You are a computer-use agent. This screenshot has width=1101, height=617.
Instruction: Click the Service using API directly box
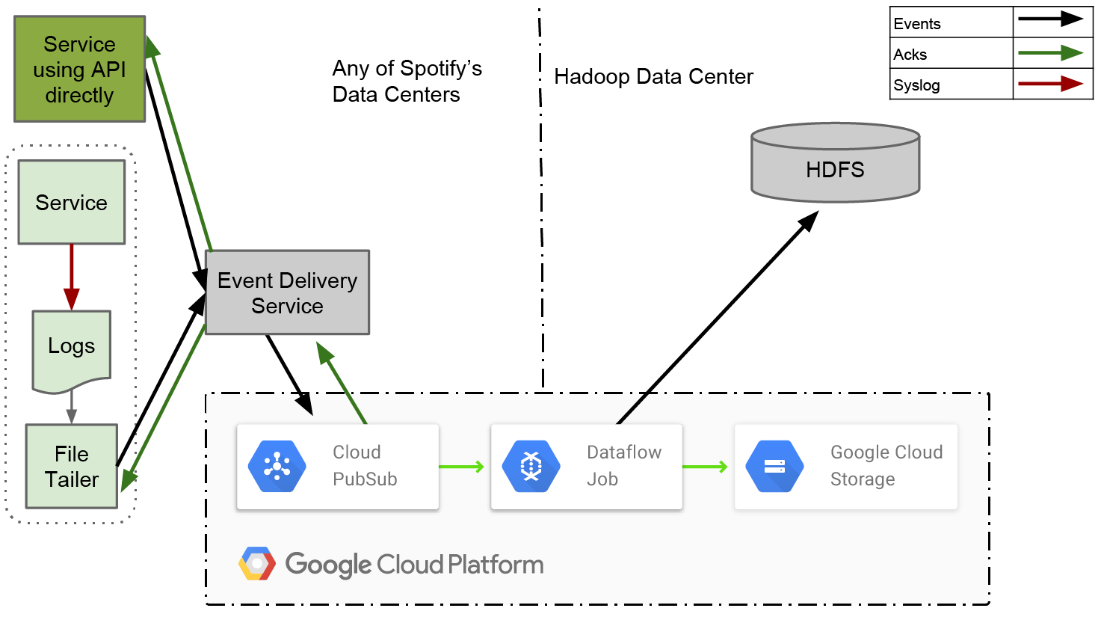coord(79,69)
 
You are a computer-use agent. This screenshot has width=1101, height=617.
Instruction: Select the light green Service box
coord(72,202)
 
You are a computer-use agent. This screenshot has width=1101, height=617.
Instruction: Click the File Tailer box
coord(72,466)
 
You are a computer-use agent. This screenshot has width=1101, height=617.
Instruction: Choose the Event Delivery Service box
coord(287,292)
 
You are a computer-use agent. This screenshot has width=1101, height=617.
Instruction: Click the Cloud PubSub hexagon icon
coord(277,467)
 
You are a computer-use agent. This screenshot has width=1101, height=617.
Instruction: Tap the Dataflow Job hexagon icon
coord(531,467)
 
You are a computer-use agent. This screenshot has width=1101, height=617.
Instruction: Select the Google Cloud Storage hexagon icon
coord(774,467)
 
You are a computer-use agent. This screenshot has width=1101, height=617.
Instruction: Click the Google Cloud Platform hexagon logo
coord(257,564)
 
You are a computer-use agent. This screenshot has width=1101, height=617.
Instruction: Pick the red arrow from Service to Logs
coord(71,275)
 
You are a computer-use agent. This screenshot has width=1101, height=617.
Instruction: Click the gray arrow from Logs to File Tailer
coord(71,407)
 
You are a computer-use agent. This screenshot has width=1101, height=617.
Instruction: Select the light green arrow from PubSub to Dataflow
coord(461,467)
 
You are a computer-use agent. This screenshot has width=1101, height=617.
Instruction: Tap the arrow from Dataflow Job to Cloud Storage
coord(705,467)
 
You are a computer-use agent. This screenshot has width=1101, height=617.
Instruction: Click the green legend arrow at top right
coord(1050,52)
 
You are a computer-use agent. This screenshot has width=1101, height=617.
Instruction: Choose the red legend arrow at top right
coord(1050,83)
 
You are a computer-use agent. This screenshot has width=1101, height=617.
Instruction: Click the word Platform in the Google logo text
coord(496,565)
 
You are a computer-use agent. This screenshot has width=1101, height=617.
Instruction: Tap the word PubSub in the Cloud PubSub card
coord(365,479)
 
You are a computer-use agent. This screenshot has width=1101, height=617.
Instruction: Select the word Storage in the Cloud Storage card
coord(863,479)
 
